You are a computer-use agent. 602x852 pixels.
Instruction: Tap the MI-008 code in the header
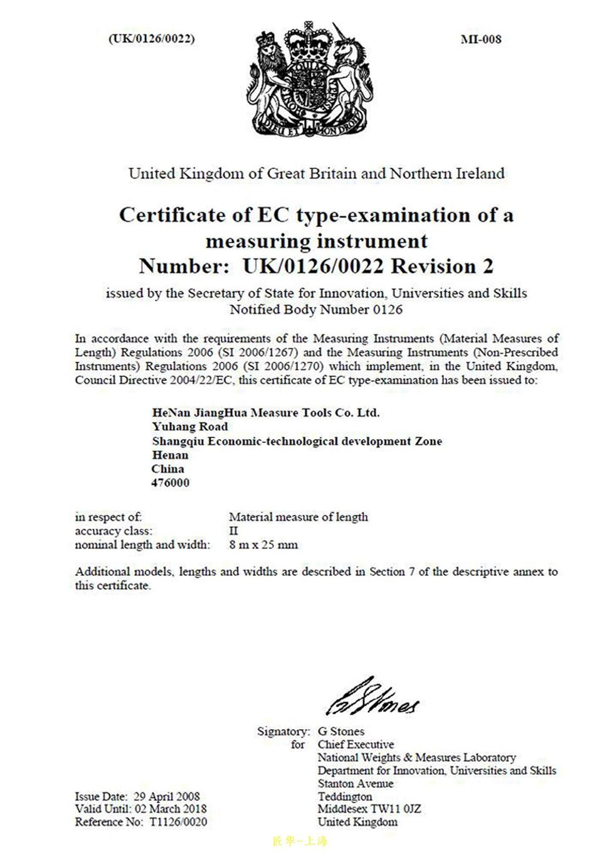[x=481, y=39]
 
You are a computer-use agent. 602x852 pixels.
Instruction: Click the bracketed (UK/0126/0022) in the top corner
[x=151, y=38]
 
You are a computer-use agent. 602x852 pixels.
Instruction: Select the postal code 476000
[x=170, y=483]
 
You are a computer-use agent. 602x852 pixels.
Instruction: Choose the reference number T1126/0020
[x=177, y=822]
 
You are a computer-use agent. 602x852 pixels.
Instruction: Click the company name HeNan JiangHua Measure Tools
[x=265, y=413]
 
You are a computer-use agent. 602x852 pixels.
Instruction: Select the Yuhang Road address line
[x=190, y=427]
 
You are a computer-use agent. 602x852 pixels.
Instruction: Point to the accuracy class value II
[x=233, y=531]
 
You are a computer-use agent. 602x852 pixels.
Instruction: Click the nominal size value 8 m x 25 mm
[x=263, y=545]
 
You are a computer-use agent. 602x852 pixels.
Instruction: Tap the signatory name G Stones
[x=341, y=731]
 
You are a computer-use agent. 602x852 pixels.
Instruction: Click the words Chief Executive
[x=356, y=744]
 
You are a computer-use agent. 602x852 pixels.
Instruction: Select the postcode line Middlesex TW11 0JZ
[x=369, y=809]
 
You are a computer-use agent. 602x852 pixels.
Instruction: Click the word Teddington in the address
[x=344, y=796]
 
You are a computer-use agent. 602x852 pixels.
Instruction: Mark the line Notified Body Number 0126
[x=315, y=309]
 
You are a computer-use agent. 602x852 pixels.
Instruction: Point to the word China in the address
[x=168, y=469]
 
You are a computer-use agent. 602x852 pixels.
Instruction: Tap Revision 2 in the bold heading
[x=442, y=267]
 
